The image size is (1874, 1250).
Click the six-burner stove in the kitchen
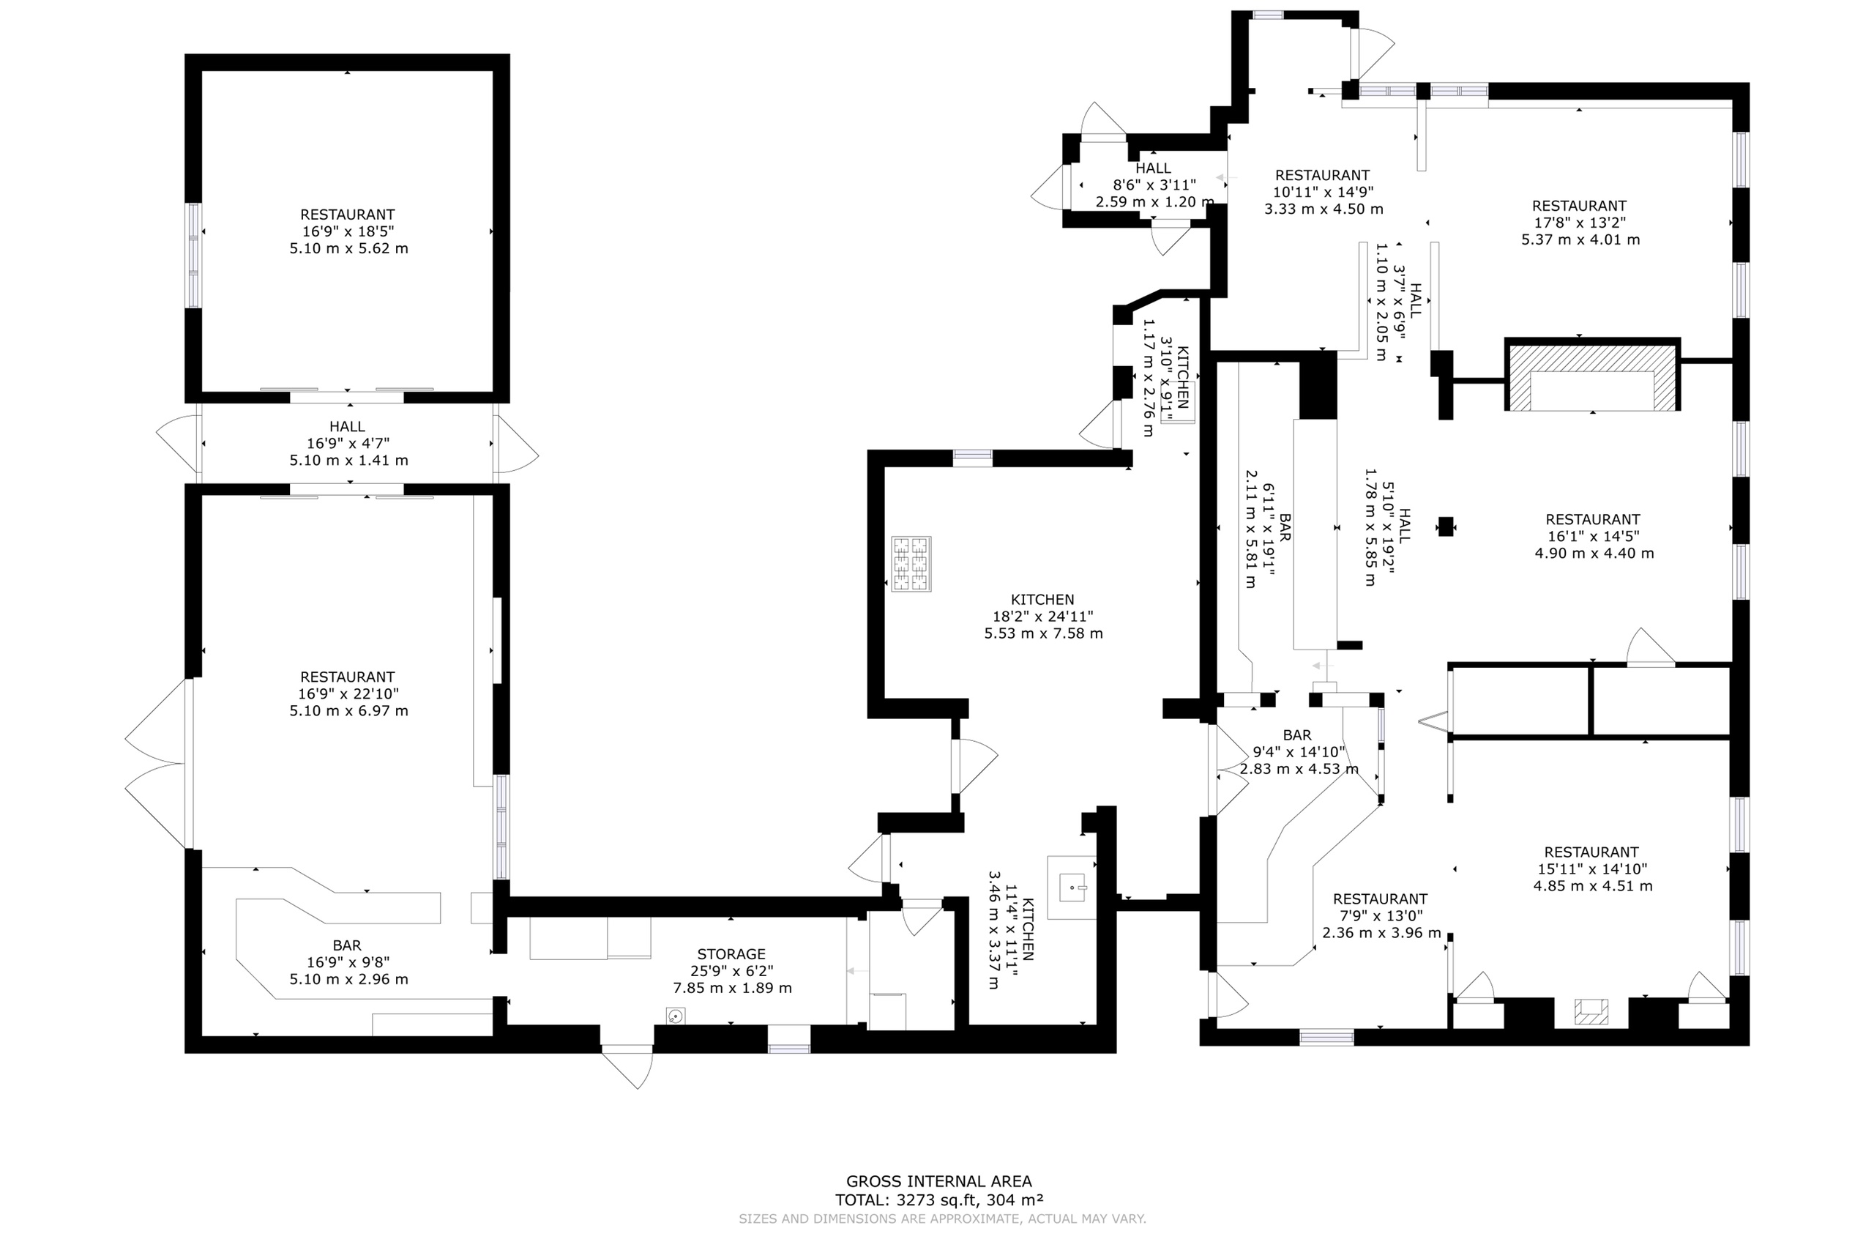pyautogui.click(x=911, y=564)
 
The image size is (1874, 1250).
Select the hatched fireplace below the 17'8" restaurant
pyautogui.click(x=1593, y=375)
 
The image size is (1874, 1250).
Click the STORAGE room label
pyautogui.click(x=731, y=954)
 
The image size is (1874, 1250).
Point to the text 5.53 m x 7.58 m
pyautogui.click(x=1043, y=633)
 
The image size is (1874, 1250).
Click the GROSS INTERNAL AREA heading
pyautogui.click(x=938, y=1181)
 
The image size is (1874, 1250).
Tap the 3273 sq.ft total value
pyautogui.click(x=936, y=1199)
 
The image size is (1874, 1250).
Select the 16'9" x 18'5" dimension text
pyautogui.click(x=348, y=231)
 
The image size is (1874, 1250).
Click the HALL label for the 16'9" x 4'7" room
pyautogui.click(x=348, y=426)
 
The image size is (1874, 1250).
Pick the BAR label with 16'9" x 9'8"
pyautogui.click(x=348, y=945)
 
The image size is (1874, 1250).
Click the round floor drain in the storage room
pyautogui.click(x=676, y=1016)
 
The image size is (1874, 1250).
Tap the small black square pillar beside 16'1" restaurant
pyautogui.click(x=1445, y=527)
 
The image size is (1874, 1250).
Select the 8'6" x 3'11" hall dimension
pyautogui.click(x=1154, y=185)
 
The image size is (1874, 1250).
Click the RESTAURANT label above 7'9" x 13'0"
pyautogui.click(x=1380, y=899)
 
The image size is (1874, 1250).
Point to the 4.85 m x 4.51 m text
pyautogui.click(x=1593, y=885)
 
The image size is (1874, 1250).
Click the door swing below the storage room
pyautogui.click(x=629, y=1067)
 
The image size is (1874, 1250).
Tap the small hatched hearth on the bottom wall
pyautogui.click(x=1591, y=1011)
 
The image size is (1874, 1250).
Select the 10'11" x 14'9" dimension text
pyautogui.click(x=1323, y=192)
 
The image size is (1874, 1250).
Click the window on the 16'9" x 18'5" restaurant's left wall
pyautogui.click(x=193, y=255)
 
